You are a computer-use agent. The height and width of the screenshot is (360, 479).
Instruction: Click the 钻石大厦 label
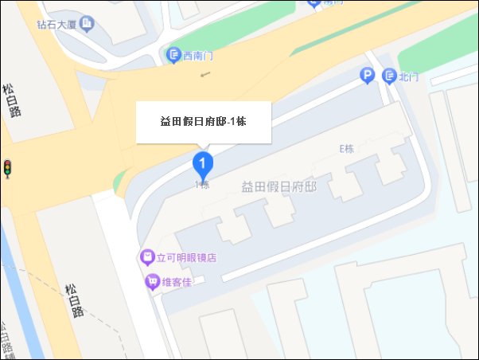point(56,25)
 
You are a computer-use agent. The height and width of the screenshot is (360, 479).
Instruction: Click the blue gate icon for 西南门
point(173,56)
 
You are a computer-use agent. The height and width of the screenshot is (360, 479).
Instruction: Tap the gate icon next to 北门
point(388,76)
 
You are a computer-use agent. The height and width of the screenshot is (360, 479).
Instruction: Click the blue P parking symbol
point(368,76)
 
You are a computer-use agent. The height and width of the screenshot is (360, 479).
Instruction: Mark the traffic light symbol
point(7,168)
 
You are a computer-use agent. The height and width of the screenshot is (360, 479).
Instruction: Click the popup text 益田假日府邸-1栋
point(204,122)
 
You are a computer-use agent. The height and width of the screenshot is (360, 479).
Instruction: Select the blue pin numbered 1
point(204,165)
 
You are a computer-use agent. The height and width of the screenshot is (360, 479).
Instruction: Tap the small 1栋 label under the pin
point(202,185)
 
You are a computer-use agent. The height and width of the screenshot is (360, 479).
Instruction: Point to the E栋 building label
point(345,149)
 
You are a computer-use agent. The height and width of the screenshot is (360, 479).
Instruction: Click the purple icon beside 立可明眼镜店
point(146,257)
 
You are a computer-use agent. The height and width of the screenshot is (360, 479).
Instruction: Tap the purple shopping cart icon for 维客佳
point(151,282)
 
